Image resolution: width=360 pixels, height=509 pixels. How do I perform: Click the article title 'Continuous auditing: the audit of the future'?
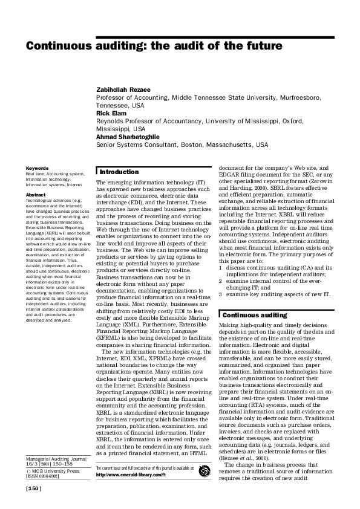154,46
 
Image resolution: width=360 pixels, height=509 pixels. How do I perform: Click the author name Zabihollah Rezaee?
124,89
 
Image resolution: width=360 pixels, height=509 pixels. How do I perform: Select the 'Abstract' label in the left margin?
35,195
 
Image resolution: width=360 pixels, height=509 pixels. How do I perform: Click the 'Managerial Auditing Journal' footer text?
54,458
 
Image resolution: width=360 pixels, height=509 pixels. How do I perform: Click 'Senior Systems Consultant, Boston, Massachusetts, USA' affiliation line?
182,145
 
